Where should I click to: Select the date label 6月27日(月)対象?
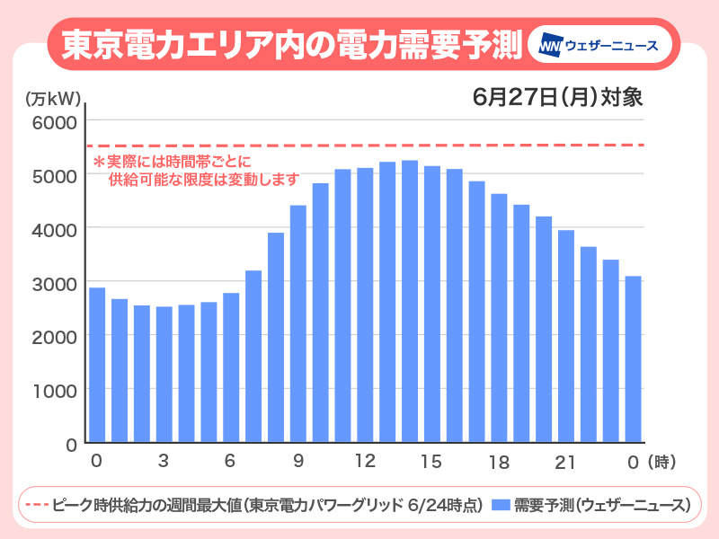click(x=558, y=96)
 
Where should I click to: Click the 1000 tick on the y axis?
click(x=55, y=390)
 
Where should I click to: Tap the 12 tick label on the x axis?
click(x=364, y=462)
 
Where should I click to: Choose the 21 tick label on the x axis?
click(x=564, y=462)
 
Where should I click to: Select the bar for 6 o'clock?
click(x=231, y=367)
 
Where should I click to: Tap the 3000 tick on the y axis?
click(x=55, y=283)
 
